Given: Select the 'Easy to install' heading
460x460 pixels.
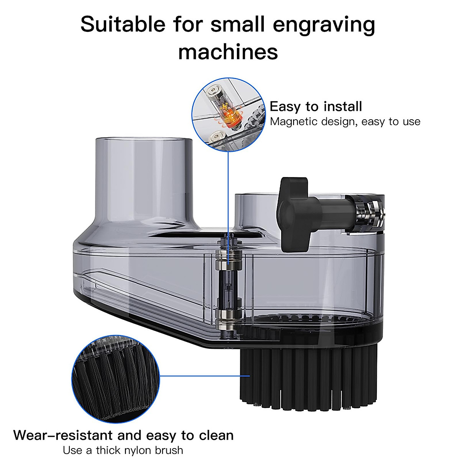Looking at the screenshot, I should coord(316,106).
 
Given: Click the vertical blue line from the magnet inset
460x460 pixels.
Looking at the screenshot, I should coord(228,192).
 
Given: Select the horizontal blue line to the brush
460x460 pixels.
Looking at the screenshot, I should coord(203,376).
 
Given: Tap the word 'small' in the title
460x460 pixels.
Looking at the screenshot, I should coord(237,25).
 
